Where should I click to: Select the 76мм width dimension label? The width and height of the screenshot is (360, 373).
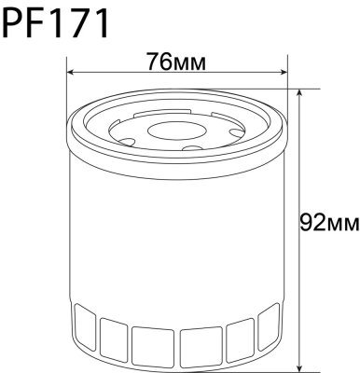(x=175, y=62)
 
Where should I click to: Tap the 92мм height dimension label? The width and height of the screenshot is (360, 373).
(x=328, y=222)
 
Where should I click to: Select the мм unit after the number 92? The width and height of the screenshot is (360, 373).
(x=342, y=223)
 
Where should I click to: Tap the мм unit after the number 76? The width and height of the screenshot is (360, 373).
(x=190, y=63)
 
